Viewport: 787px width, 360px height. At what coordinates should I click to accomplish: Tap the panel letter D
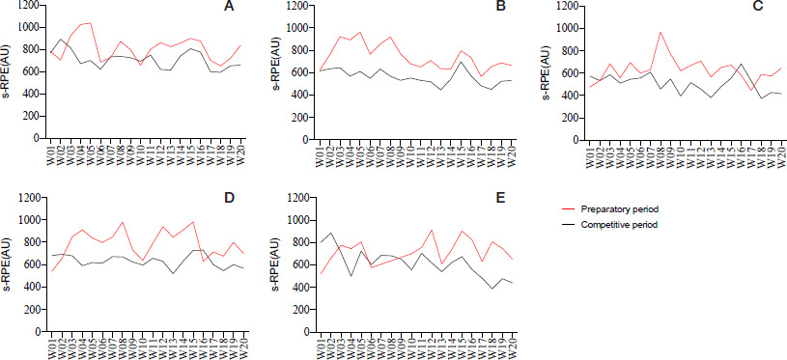(229, 199)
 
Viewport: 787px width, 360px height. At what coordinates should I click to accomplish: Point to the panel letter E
(500, 199)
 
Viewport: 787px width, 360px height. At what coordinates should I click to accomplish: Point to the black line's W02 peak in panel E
(330, 233)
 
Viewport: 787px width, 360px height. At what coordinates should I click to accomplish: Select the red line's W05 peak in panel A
(91, 22)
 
